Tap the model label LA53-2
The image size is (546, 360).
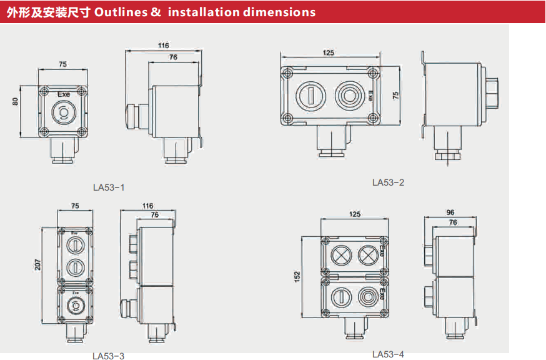coord(388,182)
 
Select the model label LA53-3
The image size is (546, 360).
coord(108,356)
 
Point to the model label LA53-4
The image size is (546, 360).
coord(388,354)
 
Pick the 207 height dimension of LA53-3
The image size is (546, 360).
coord(37,265)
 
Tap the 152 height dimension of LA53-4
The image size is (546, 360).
coord(297,275)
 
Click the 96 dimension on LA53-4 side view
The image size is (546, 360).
coord(450,212)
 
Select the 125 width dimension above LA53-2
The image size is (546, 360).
coord(329,53)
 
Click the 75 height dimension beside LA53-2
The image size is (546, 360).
coord(395,95)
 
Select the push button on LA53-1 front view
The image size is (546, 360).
coord(62,112)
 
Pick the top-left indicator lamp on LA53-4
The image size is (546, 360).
coord(341,254)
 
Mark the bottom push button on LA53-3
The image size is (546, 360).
coord(74,306)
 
